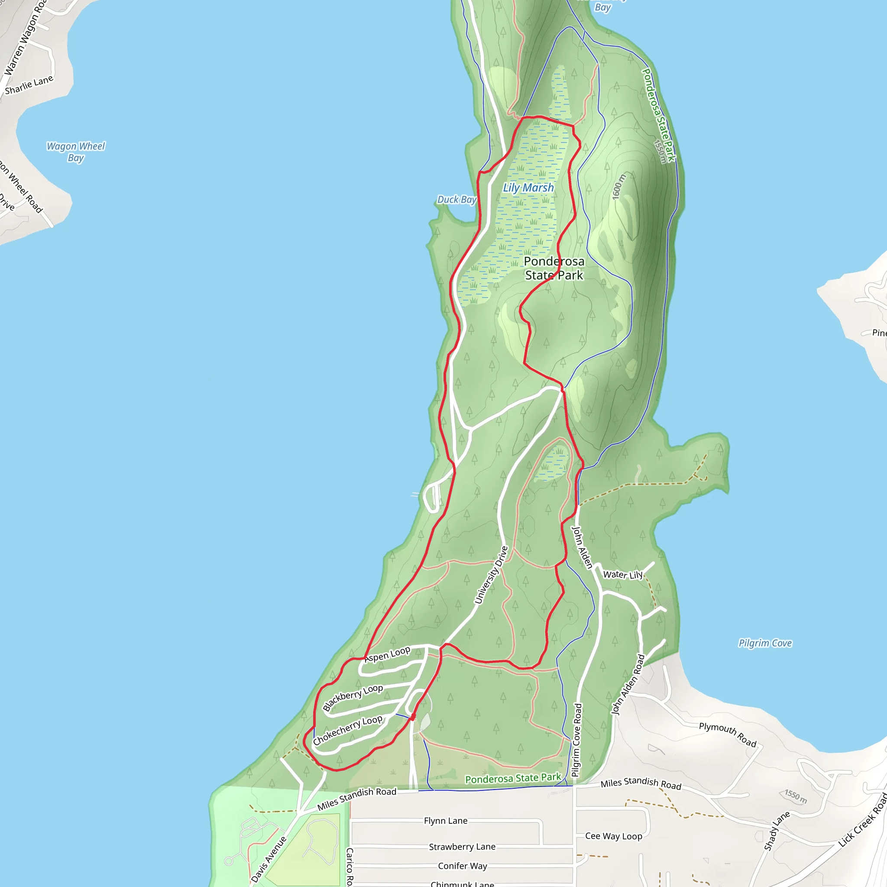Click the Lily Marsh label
tap(528, 188)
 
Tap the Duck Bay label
tap(456, 199)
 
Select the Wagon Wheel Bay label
tap(76, 152)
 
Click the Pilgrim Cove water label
tap(765, 643)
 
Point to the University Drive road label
tap(491, 575)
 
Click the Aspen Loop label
tap(387, 654)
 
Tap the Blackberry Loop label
tap(353, 697)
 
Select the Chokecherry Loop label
tap(347, 730)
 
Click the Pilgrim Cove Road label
tap(576, 740)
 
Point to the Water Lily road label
tap(622, 575)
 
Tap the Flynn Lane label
tap(445, 820)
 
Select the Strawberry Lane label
tap(462, 847)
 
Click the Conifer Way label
tap(462, 866)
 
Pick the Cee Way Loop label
tap(613, 836)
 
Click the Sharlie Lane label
tap(29, 85)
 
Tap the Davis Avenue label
tap(269, 859)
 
